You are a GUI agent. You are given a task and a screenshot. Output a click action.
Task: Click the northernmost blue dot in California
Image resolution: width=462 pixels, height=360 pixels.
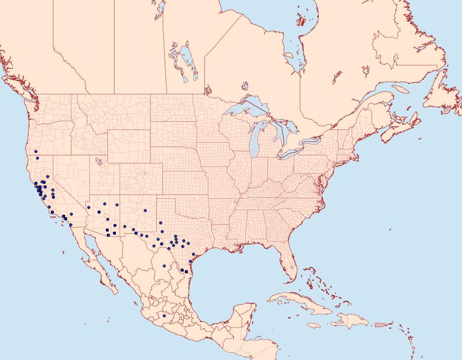pyautogui.click(x=36, y=151)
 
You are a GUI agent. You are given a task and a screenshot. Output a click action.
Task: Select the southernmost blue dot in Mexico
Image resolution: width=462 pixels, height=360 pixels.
pyautogui.click(x=164, y=316)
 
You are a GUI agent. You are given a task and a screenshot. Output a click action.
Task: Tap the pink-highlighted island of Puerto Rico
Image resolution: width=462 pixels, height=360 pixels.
pyautogui.click(x=380, y=324)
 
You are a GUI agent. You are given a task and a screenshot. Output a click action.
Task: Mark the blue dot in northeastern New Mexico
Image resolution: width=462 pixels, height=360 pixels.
pyautogui.click(x=145, y=210)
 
